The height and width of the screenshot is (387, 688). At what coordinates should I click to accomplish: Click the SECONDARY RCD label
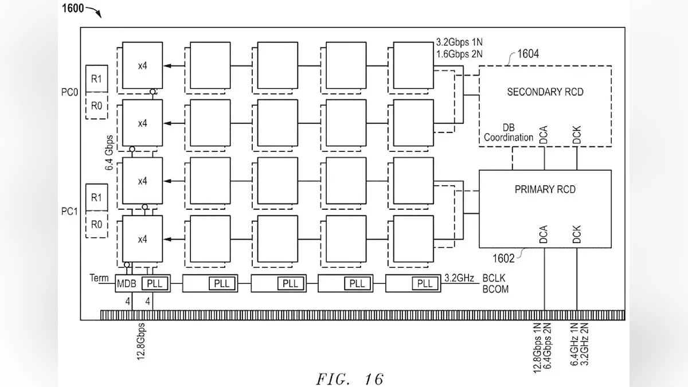pyautogui.click(x=545, y=92)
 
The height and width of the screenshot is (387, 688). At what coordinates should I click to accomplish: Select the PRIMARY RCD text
pyautogui.click(x=545, y=190)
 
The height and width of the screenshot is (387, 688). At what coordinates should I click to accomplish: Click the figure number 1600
pyautogui.click(x=73, y=8)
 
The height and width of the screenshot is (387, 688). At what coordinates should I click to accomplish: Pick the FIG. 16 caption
pyautogui.click(x=350, y=378)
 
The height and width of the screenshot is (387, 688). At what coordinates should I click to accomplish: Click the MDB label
pyautogui.click(x=127, y=283)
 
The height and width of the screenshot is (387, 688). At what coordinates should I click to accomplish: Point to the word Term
pyautogui.click(x=99, y=278)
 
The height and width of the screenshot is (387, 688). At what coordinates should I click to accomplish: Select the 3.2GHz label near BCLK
pyautogui.click(x=459, y=278)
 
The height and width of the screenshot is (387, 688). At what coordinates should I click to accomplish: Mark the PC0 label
pyautogui.click(x=71, y=91)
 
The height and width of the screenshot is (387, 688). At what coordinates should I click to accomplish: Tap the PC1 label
pyautogui.click(x=71, y=211)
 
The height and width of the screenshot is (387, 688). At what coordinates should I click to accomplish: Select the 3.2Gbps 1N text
pyautogui.click(x=460, y=42)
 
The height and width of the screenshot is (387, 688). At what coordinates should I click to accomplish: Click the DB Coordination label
pyautogui.click(x=509, y=133)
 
